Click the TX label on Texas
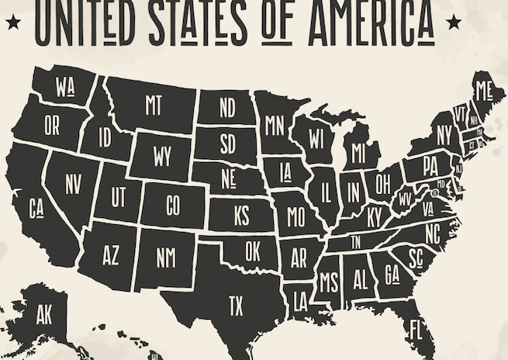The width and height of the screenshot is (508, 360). tap(235, 306)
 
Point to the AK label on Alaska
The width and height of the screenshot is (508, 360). tap(44, 315)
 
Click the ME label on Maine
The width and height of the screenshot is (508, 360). tap(484, 91)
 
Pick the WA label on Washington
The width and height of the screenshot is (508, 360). tap(65, 88)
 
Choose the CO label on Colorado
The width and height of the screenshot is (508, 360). tap(174, 206)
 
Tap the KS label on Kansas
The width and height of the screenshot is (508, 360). tap(241, 215)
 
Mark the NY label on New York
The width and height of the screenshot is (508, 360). tap(444, 136)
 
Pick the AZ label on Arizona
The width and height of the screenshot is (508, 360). tap(111, 255)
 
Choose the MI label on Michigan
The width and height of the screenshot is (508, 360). tap(358, 153)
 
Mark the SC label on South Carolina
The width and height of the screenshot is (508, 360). tap(415, 256)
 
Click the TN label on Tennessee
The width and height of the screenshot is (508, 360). tap(356, 242)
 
